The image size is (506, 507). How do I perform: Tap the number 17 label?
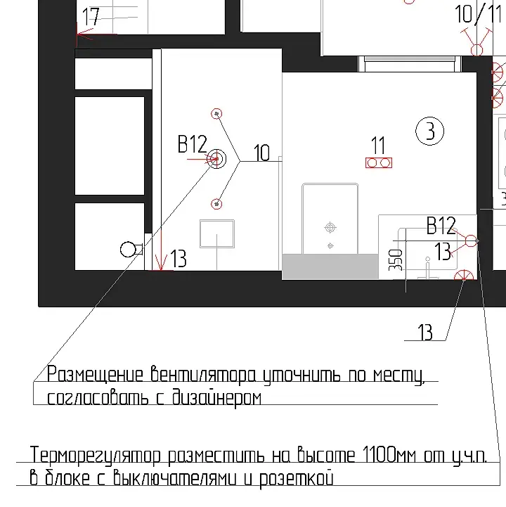(90, 16)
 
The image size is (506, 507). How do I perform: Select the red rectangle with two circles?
(379, 162)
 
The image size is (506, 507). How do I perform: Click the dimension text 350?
(396, 260)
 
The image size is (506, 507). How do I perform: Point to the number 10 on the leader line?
(261, 153)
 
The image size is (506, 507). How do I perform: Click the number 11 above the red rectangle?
(378, 145)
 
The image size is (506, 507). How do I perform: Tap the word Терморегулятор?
(96, 456)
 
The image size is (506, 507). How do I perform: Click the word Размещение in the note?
(95, 374)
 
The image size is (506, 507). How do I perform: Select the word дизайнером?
(216, 397)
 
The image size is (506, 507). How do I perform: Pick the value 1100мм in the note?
(389, 454)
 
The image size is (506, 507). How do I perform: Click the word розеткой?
(297, 479)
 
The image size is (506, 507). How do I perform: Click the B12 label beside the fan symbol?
(193, 144)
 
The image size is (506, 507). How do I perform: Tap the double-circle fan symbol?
(216, 159)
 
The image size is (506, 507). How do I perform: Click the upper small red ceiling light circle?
(216, 114)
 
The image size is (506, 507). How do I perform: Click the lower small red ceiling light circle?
(216, 204)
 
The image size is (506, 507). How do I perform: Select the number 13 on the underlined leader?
(425, 332)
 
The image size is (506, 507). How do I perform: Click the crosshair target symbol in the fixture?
(330, 228)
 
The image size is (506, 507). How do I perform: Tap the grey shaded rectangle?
(330, 267)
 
